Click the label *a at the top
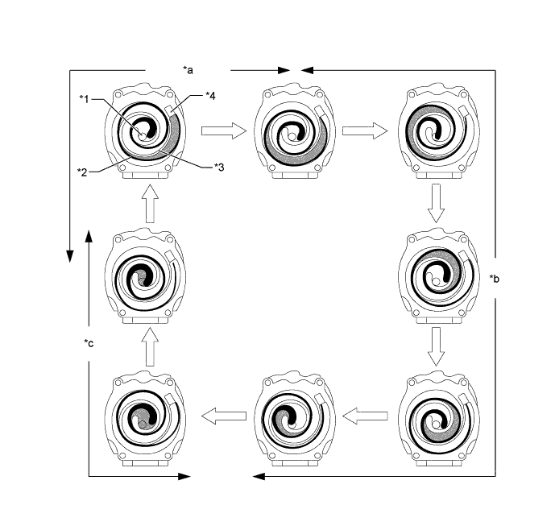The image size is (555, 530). pos(188,70)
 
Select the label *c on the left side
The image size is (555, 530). pos(89,343)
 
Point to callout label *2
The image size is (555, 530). pos(83,172)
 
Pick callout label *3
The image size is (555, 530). pos(218,167)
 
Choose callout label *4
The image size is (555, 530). pos(209,97)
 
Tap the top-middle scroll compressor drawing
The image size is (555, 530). pos(294,130)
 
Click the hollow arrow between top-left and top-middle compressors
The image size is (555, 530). pos(222,130)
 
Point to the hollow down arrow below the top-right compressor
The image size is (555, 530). pos(436,202)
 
